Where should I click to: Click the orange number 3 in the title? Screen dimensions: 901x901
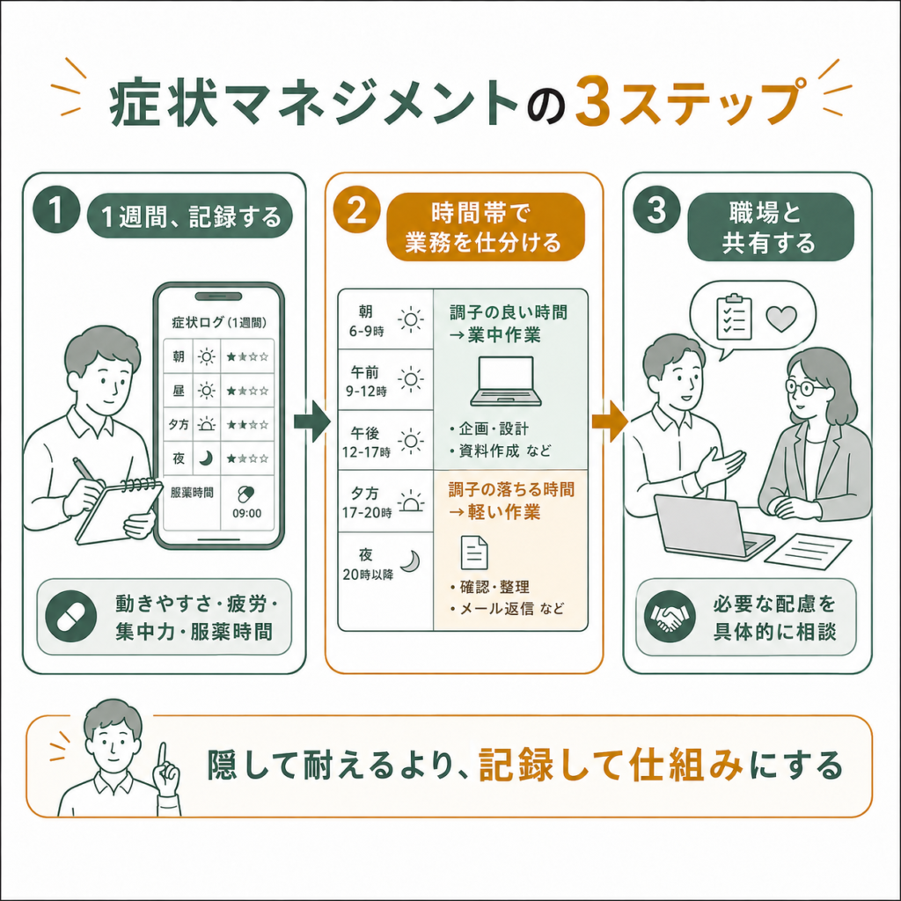point(592,101)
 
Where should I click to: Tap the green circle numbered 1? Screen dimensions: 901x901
point(56,210)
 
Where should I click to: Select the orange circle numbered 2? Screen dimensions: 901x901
point(357,210)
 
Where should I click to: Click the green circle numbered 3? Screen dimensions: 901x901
point(656,210)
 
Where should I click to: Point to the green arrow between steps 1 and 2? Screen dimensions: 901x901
point(312,421)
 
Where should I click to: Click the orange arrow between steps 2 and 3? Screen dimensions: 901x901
point(610,421)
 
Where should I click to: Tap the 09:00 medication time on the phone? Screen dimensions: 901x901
point(246,513)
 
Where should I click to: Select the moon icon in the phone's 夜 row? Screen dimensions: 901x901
point(206,458)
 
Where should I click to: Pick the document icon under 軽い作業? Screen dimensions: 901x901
point(474,553)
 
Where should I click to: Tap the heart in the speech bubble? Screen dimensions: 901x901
point(781,319)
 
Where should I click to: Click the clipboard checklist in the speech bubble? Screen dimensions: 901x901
point(734,317)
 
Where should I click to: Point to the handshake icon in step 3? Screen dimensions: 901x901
point(670,617)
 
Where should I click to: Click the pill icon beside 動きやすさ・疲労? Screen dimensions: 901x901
point(70,617)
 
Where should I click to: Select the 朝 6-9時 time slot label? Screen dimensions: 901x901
point(366,320)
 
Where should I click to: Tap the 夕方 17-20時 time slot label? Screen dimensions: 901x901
point(367,502)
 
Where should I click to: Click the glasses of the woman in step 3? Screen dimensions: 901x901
point(807,387)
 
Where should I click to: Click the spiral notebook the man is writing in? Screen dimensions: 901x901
point(119,511)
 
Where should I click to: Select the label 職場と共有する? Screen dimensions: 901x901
point(770,228)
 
